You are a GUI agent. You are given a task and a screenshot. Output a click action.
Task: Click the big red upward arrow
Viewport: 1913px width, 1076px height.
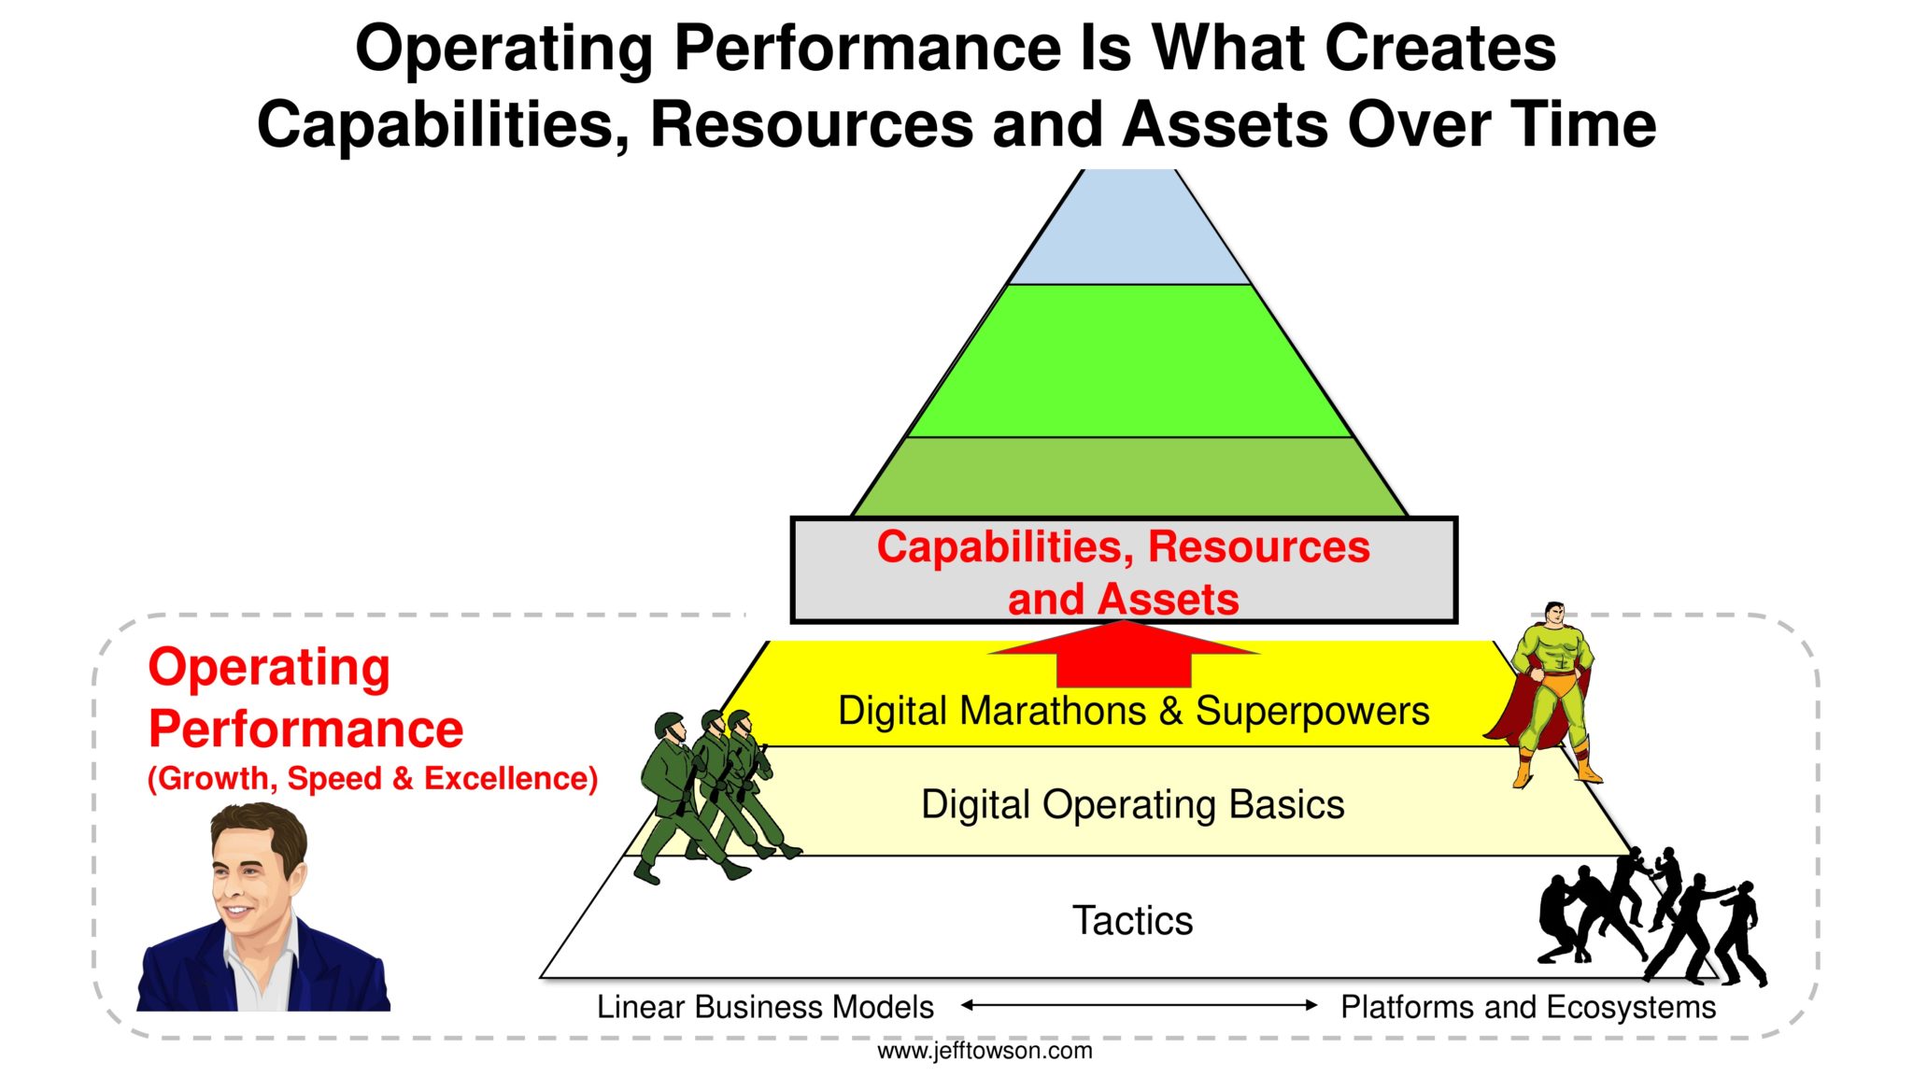pos(1124,655)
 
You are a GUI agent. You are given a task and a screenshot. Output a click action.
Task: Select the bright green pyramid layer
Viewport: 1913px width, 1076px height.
pos(1129,361)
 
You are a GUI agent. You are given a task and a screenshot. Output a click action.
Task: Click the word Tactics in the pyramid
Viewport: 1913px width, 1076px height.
pos(1132,921)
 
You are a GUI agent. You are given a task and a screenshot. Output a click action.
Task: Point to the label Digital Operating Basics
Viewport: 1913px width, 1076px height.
pos(1132,804)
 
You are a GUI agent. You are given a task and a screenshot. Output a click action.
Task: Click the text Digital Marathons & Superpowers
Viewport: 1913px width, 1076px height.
pos(1133,711)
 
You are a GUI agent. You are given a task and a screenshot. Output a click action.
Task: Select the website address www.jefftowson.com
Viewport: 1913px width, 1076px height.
pos(985,1051)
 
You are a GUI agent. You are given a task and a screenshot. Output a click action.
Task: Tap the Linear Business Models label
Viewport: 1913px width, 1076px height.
pos(765,1007)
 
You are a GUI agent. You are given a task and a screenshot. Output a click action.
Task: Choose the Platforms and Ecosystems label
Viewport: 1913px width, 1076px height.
pos(1528,1007)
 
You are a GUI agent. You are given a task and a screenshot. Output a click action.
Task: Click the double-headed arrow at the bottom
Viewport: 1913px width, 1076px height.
pos(1139,1005)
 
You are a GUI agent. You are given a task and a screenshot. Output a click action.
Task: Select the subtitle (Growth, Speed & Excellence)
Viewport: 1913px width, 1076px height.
pos(373,779)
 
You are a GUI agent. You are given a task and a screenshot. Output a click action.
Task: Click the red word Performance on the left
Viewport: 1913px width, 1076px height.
pos(305,729)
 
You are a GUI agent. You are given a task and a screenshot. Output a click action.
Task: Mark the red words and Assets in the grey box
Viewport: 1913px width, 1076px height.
pos(1123,599)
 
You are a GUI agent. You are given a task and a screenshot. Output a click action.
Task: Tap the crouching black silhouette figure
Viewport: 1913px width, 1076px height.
pos(1560,920)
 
